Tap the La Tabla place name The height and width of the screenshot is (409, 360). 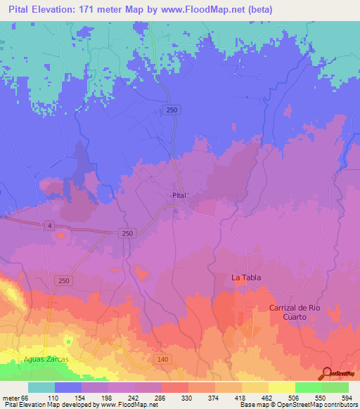coord(246,278)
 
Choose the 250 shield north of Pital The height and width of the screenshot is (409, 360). coord(172,110)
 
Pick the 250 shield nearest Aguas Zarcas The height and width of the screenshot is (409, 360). coord(65,280)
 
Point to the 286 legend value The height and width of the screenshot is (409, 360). coord(162,398)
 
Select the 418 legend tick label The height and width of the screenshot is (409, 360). coord(242,398)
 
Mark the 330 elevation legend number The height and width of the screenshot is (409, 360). coord(188,398)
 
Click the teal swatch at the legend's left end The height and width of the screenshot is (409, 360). coord(41,387)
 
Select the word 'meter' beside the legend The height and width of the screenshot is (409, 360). coord(12,398)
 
